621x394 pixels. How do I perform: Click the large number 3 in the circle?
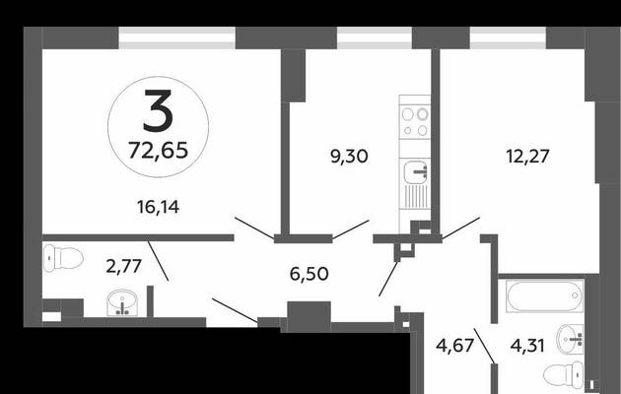tap(159, 110)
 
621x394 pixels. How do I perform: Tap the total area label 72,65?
tap(158, 151)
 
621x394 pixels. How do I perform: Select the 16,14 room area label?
tap(158, 207)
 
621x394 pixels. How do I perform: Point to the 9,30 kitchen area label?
tap(349, 157)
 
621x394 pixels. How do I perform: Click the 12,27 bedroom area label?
tap(527, 156)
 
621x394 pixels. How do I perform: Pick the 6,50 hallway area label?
tap(309, 274)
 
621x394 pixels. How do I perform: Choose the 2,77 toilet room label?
tap(123, 266)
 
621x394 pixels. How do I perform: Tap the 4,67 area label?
tap(454, 346)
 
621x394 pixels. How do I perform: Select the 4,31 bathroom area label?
tap(527, 346)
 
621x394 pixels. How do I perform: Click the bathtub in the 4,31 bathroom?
tap(544, 295)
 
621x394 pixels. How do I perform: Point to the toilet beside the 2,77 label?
tap(62, 258)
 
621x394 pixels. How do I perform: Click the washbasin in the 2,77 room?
tap(122, 302)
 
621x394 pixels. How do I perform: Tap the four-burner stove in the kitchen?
tap(415, 121)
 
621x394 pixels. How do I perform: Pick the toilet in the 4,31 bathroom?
tap(563, 373)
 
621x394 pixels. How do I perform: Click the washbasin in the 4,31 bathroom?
tap(570, 339)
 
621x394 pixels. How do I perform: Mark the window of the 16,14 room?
tap(177, 38)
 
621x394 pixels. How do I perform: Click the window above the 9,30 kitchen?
tap(375, 38)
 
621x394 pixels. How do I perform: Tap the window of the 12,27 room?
tap(508, 38)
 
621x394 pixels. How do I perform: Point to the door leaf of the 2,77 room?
tap(158, 261)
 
